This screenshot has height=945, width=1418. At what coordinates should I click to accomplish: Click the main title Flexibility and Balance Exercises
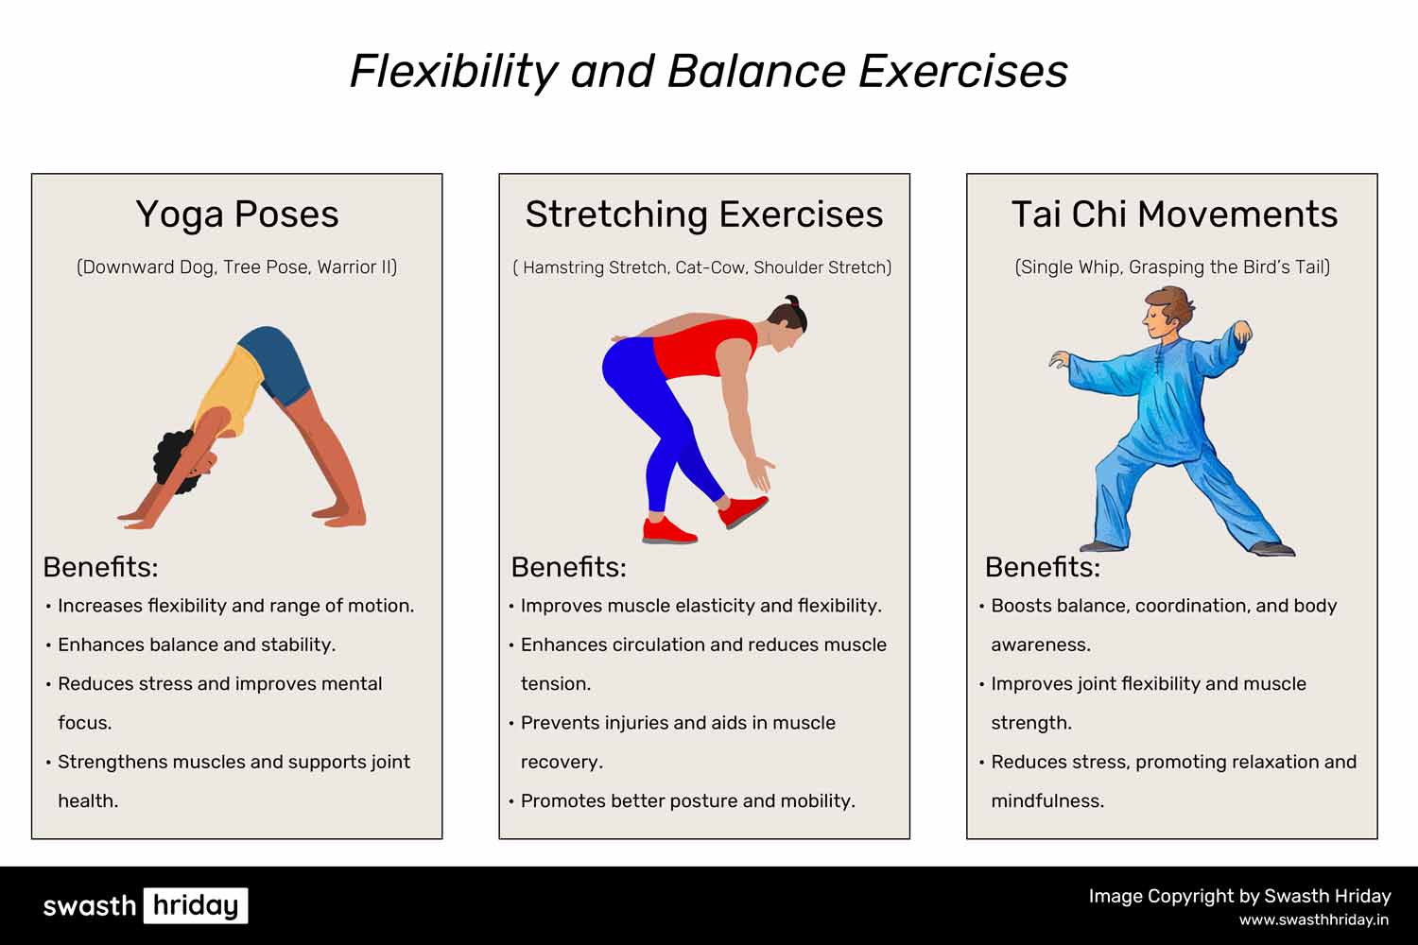[x=708, y=71]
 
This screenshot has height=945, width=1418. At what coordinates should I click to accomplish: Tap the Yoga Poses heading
[x=237, y=215]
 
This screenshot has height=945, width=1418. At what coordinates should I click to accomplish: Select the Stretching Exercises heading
[x=704, y=215]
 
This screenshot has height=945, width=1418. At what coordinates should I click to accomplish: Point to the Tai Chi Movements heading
[x=1174, y=214]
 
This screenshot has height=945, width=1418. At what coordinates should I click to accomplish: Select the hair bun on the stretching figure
[x=791, y=301]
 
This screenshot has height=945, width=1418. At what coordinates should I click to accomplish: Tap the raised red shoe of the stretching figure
[x=743, y=510]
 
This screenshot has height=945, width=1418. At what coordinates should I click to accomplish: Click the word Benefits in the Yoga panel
[x=100, y=567]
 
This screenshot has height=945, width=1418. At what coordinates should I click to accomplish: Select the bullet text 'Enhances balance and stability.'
[x=197, y=645]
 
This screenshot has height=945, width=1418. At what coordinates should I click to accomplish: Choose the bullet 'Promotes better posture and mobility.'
[x=687, y=801]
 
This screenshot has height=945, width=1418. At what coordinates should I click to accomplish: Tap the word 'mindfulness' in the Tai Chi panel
[x=1047, y=801]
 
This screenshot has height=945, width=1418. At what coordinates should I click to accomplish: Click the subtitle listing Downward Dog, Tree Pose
[x=236, y=267]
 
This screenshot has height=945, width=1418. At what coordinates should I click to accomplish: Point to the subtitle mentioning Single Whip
[x=1172, y=267]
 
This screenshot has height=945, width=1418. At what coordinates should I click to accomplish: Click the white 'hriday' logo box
[x=196, y=905]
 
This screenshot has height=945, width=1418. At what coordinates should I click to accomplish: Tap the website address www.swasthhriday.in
[x=1314, y=919]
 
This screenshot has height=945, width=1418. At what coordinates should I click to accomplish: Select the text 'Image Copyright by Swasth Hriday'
[x=1239, y=897]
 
